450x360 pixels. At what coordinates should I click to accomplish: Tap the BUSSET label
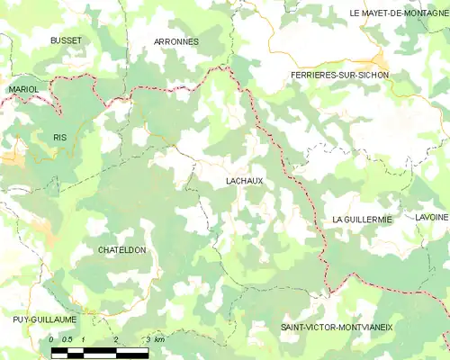(66, 41)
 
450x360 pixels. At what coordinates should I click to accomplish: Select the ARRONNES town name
(176, 41)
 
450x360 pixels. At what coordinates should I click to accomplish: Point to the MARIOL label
(23, 90)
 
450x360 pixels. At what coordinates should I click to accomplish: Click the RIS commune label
(60, 137)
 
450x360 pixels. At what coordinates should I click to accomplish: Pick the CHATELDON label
(121, 250)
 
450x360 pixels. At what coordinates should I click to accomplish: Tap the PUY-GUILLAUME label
(45, 319)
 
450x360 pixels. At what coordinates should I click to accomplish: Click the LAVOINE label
(431, 219)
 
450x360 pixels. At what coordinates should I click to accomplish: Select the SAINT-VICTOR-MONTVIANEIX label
(336, 328)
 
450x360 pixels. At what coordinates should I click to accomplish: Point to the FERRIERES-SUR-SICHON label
(340, 75)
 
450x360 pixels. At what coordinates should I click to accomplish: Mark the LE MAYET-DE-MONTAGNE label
(399, 13)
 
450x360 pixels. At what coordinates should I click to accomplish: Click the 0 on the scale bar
(52, 339)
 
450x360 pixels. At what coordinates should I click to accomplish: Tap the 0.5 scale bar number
(67, 339)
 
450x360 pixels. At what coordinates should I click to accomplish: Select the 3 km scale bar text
(154, 339)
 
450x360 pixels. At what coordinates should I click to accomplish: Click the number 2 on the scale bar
(116, 339)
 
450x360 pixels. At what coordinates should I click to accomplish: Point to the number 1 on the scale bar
(84, 339)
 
